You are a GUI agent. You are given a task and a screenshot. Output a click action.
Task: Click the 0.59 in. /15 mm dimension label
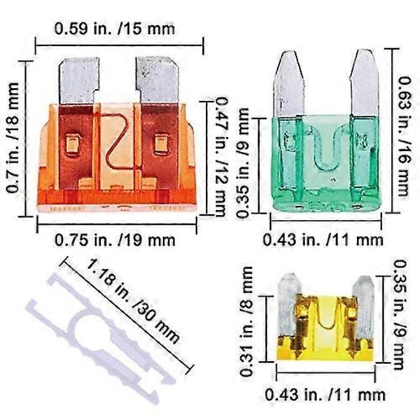[115, 29]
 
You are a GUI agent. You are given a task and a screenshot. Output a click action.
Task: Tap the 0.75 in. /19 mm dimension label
[115, 240]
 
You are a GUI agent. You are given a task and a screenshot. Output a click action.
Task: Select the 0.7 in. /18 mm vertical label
[13, 138]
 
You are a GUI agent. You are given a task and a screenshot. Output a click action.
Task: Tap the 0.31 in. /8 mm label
[246, 321]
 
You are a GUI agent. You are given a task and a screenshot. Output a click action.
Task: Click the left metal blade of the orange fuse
[78, 80]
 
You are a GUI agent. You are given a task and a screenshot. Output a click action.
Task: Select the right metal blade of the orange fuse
[157, 80]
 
